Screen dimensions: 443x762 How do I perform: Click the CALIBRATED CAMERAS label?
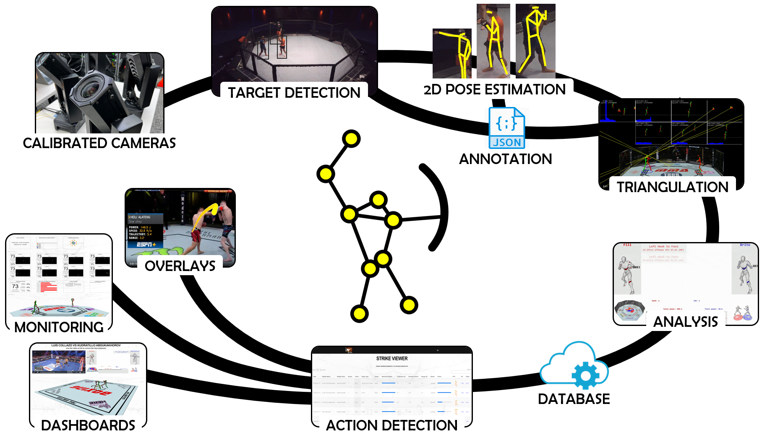(99, 143)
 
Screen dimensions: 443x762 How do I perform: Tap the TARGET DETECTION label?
(294, 93)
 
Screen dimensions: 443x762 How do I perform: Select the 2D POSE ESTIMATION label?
(495, 89)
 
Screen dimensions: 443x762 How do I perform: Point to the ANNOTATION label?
(506, 159)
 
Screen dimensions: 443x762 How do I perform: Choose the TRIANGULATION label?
(672, 187)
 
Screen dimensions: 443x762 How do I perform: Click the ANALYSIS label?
(686, 322)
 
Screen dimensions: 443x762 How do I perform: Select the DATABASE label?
(574, 399)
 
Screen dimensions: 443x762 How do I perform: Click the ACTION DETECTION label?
(391, 425)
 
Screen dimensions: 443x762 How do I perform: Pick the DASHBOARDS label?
(88, 425)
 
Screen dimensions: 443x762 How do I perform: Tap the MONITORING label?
(59, 327)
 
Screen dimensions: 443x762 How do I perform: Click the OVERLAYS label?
(180, 266)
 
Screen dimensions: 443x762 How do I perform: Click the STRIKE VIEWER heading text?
(392, 359)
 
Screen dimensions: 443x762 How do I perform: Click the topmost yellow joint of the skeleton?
(351, 139)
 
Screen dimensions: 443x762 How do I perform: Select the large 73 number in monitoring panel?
(15, 286)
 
